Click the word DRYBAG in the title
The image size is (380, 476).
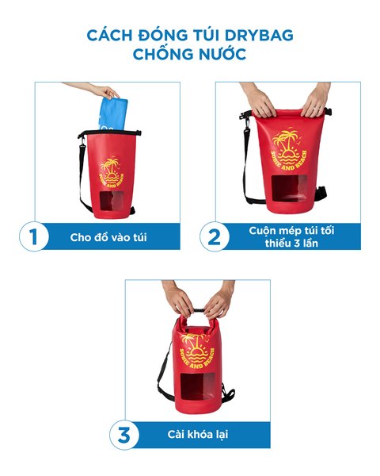coord(259,35)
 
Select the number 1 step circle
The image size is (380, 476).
coord(33,236)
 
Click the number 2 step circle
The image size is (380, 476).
coord(215,236)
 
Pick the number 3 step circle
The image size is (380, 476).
coord(124,435)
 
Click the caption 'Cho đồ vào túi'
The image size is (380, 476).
coord(108,237)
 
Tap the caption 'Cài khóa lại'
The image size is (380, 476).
coord(198,435)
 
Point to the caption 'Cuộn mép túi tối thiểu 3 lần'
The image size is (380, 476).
coord(291,236)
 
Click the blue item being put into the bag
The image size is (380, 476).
coord(113,113)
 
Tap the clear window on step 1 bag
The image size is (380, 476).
coord(112,202)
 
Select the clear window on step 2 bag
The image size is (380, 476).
coord(290,188)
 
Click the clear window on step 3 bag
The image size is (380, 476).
coord(198,386)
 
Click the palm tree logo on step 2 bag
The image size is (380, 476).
coord(289,149)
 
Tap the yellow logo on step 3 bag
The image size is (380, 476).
coord(196,351)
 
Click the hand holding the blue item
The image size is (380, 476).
coord(106,92)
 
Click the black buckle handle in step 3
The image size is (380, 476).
coord(198,310)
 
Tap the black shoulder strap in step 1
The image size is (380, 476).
coord(82,176)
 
